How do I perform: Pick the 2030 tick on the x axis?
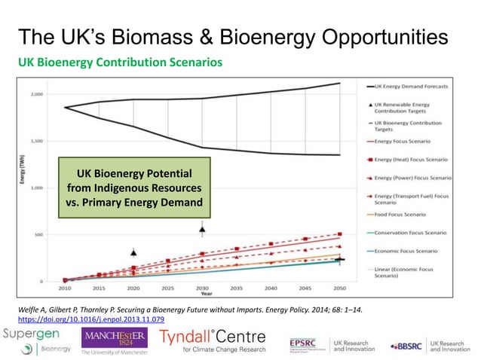[202, 288]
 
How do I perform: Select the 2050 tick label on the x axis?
[339, 288]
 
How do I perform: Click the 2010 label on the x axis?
[65, 288]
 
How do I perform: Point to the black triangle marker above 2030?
[202, 228]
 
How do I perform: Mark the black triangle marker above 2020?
[133, 253]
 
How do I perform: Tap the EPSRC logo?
[308, 344]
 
